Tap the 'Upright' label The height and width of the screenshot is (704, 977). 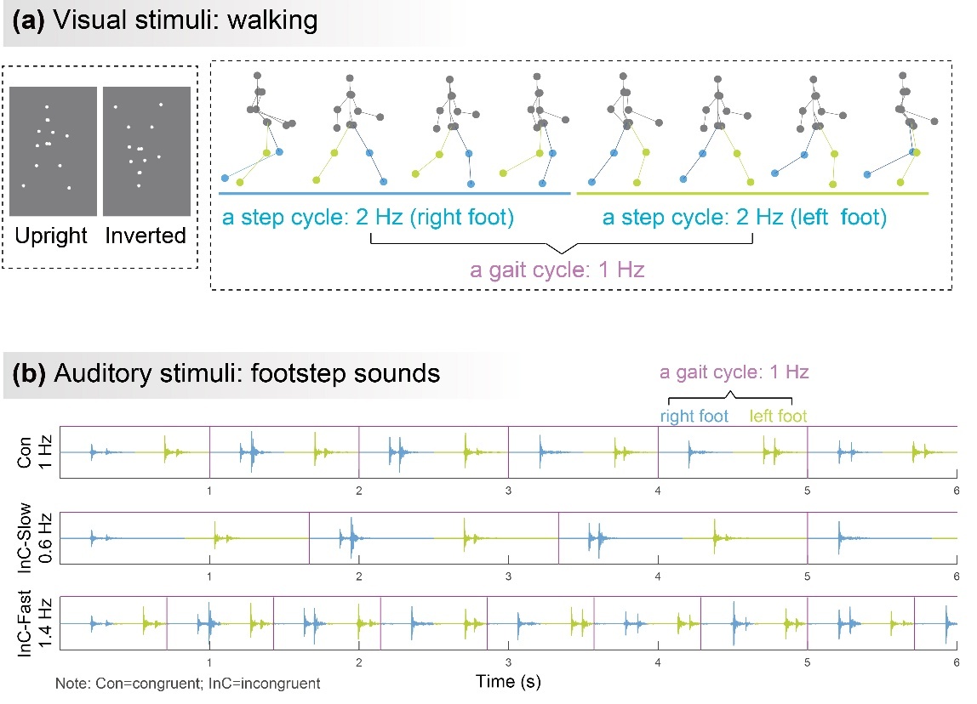52,236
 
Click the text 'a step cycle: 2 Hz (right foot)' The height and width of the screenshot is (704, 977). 369,218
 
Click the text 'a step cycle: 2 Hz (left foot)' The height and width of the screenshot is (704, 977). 744,218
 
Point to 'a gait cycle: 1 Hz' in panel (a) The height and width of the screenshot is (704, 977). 557,271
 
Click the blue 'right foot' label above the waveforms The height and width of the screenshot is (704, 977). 694,416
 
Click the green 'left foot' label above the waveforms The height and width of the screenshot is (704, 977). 778,416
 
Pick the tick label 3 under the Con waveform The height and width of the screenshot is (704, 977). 508,491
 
